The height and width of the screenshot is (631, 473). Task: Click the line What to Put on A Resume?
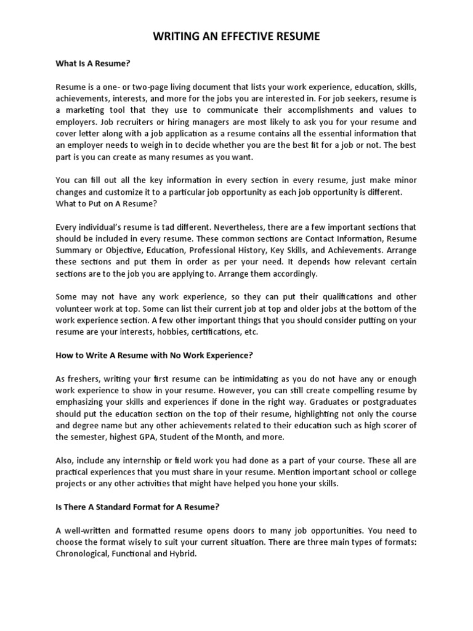106,203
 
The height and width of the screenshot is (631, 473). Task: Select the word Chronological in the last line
83,554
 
